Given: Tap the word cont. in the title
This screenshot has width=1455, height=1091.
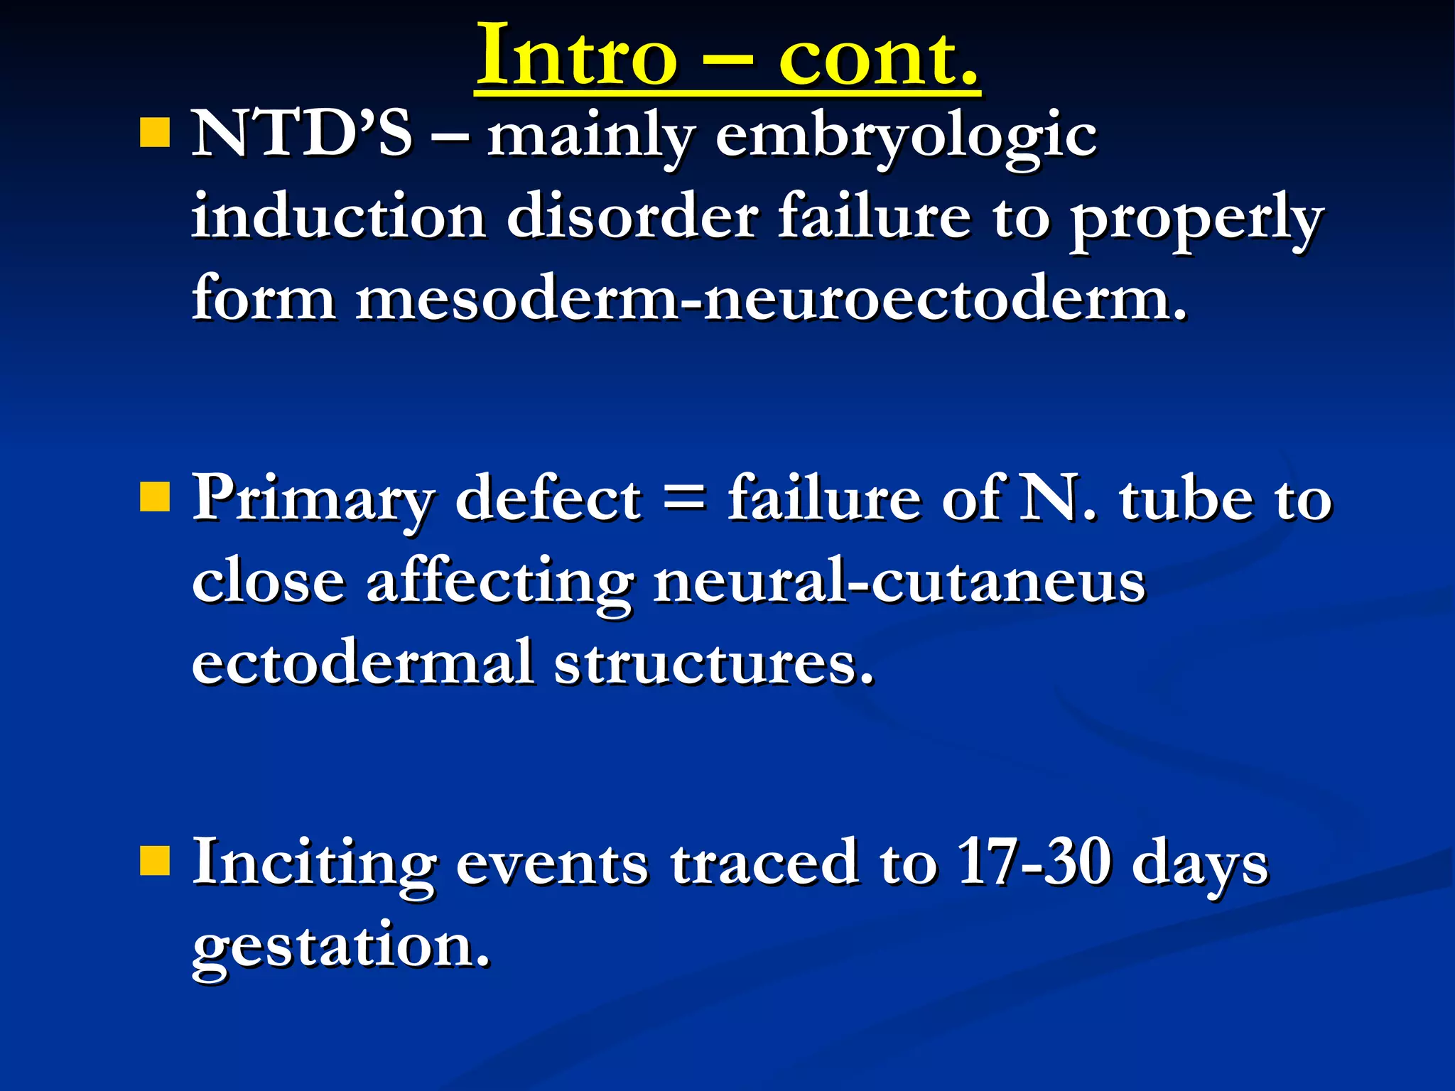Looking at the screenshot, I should pos(878,55).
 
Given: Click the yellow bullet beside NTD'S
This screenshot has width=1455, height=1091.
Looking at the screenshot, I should pos(155,132).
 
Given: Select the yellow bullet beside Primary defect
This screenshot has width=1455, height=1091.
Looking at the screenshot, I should pos(155,497).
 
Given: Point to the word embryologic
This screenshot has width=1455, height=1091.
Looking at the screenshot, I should pos(906,136).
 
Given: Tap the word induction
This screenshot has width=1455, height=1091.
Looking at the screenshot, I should pos(338,216).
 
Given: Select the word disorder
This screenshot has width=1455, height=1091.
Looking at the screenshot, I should pos(632,216).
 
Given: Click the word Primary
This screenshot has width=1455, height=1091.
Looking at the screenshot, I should pos(313,499).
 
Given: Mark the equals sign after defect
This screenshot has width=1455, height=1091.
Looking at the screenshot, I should pos(684,499).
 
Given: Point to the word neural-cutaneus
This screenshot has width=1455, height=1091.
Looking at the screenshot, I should pos(899,581).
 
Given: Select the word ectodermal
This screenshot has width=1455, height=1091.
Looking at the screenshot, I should pos(362,662).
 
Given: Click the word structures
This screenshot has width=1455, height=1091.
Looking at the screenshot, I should pos(713,662).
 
